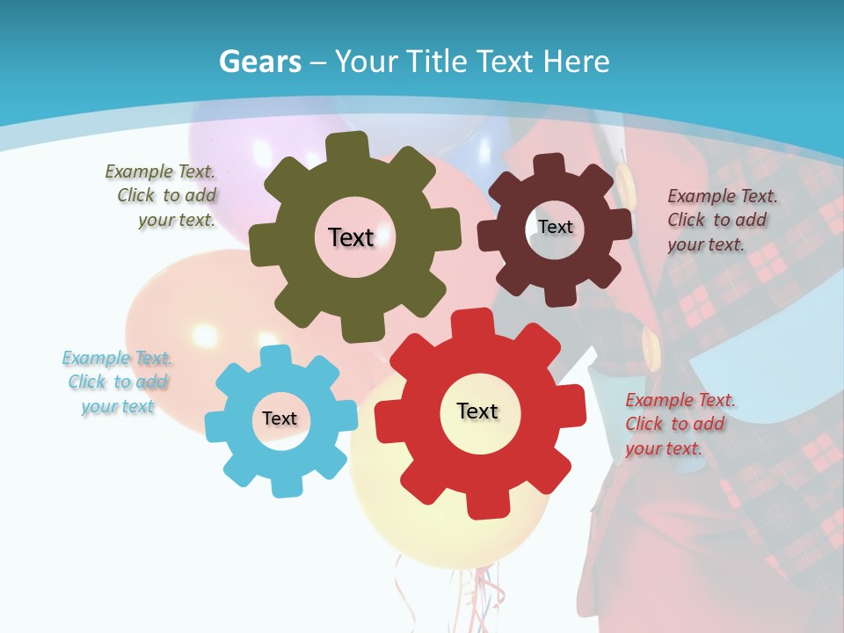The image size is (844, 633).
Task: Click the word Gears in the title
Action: pyautogui.click(x=260, y=62)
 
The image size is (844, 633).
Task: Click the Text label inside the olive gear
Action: pyautogui.click(x=351, y=237)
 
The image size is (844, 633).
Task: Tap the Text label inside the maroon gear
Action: pyautogui.click(x=555, y=227)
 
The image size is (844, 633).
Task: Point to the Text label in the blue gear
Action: pyautogui.click(x=280, y=418)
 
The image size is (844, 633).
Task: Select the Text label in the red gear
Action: pyautogui.click(x=477, y=411)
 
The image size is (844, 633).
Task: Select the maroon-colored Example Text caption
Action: pyautogui.click(x=721, y=220)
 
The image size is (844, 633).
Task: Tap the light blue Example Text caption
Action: pyautogui.click(x=118, y=382)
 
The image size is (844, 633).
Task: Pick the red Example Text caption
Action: pyautogui.click(x=679, y=424)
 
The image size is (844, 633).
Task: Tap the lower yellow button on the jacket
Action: pyautogui.click(x=651, y=344)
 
